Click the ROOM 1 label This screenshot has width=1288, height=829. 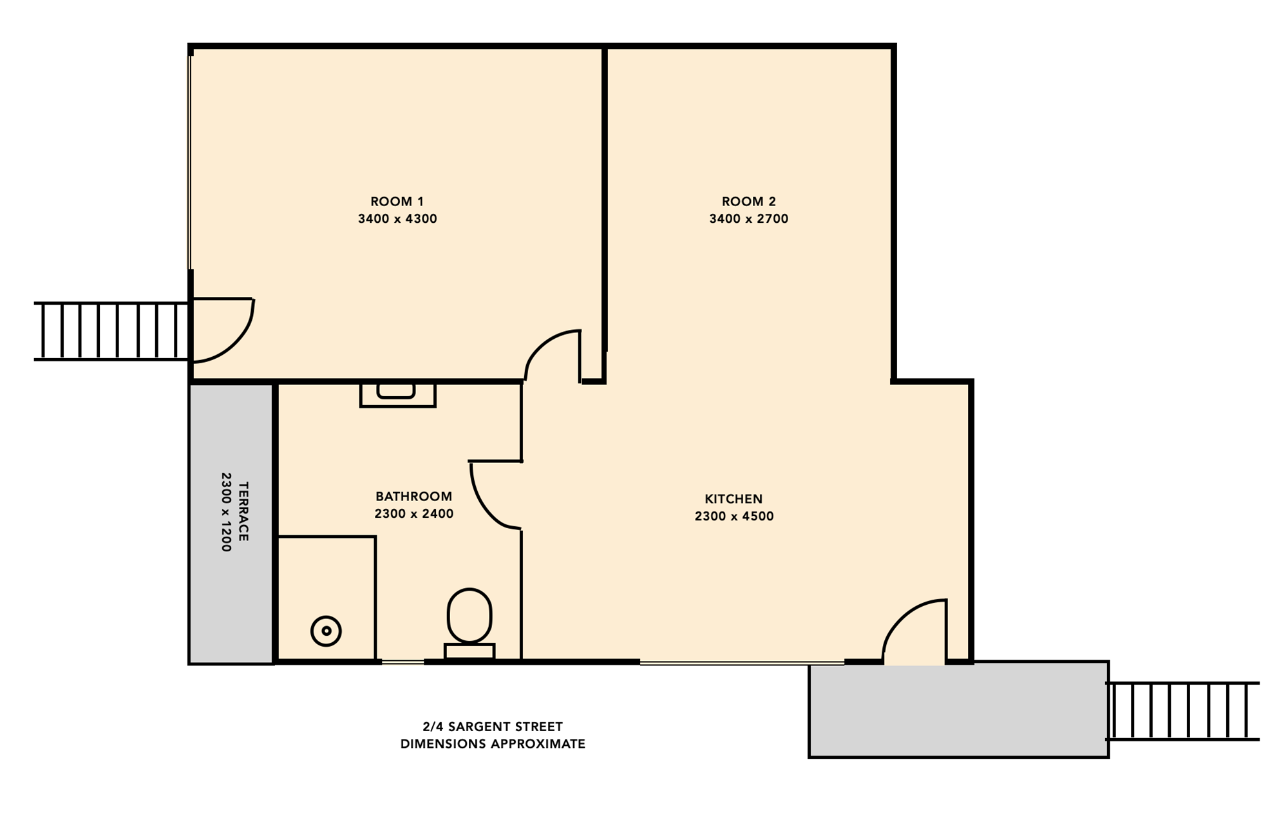coord(397,202)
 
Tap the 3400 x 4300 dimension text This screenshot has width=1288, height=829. coord(397,219)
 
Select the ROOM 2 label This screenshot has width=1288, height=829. coord(749,202)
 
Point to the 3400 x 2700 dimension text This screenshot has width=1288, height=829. coord(749,219)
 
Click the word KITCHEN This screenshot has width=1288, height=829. coord(734,499)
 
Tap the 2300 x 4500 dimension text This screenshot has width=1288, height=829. coord(734,517)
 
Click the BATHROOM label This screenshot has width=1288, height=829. coord(413,497)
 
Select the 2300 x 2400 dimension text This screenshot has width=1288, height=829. coord(413,514)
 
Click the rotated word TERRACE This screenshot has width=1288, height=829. coord(243,511)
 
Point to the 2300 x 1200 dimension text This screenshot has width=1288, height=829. coord(226,512)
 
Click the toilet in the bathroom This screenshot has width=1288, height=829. coord(469,624)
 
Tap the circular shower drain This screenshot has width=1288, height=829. coord(326,631)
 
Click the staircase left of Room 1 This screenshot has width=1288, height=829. coord(111,331)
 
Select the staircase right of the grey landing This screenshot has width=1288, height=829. coord(1182,711)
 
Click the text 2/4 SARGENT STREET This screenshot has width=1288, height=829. coord(493,727)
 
